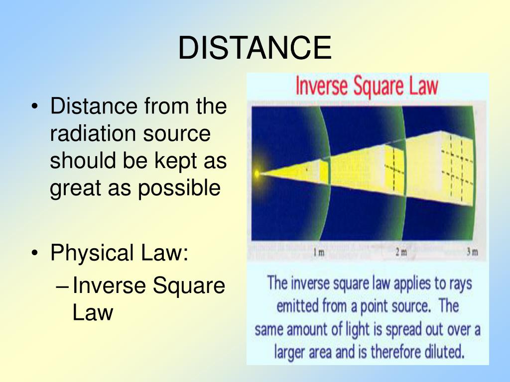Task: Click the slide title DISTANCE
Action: tap(255, 48)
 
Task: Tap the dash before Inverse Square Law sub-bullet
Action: tap(63, 286)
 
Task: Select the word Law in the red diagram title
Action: tap(422, 86)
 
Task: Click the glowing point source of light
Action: tap(257, 174)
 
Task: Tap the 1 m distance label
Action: tap(319, 253)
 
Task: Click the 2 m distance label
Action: tap(401, 253)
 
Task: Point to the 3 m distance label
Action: tap(472, 253)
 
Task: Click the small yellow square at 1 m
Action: tap(324, 172)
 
